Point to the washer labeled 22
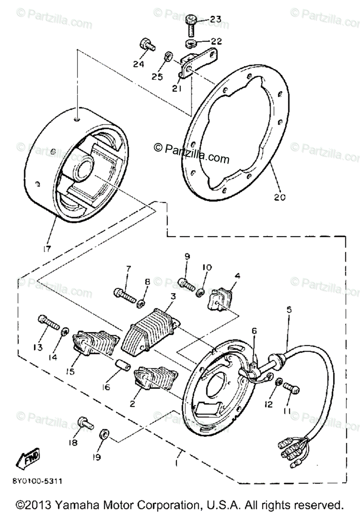(x=191, y=43)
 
